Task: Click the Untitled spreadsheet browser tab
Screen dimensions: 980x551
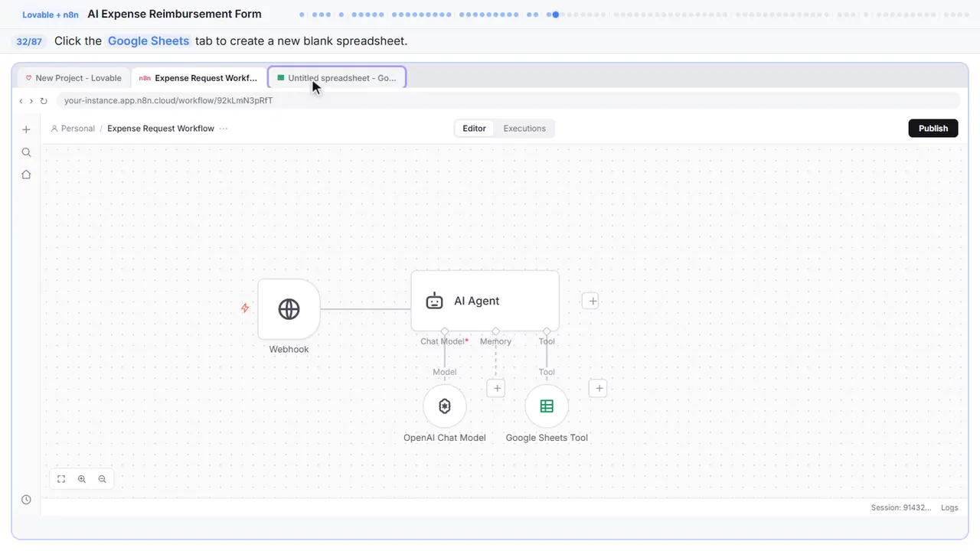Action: [x=337, y=78]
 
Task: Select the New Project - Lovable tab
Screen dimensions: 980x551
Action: [x=73, y=78]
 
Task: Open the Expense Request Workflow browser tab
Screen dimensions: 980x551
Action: [x=198, y=78]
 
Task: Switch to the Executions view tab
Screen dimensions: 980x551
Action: [x=524, y=128]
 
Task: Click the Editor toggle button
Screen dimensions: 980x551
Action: [x=474, y=128]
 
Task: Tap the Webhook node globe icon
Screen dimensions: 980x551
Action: [x=289, y=309]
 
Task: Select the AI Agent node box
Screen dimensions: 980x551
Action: [x=485, y=301]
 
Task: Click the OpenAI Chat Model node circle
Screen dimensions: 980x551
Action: [x=445, y=406]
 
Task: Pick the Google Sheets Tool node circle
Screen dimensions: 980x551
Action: [x=547, y=406]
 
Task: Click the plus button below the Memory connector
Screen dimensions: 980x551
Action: [x=496, y=388]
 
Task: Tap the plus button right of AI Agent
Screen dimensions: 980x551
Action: [x=590, y=301]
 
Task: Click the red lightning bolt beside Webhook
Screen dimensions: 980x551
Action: [x=245, y=308]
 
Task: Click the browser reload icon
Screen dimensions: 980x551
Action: [x=44, y=100]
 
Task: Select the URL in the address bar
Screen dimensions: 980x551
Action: [x=168, y=100]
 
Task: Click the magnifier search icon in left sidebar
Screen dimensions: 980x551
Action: [x=26, y=152]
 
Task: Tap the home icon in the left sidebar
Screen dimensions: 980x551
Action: [x=26, y=174]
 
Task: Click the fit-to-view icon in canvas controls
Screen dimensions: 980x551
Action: [x=61, y=479]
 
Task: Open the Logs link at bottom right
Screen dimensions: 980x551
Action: [x=949, y=507]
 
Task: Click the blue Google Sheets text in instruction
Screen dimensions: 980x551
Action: [x=149, y=41]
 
